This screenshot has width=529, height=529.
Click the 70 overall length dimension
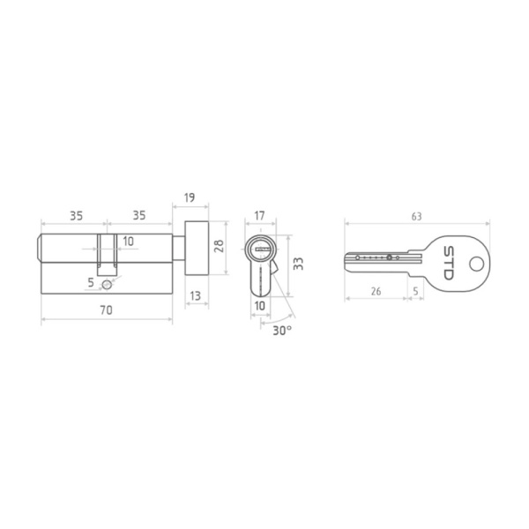(x=107, y=310)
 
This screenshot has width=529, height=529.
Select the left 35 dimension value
(x=76, y=216)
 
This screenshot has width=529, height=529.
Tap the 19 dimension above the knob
(x=190, y=197)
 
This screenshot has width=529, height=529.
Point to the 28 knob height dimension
(x=219, y=246)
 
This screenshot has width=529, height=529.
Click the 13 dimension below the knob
(x=196, y=296)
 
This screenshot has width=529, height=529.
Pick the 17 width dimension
(x=259, y=216)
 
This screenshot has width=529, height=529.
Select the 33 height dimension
(x=298, y=264)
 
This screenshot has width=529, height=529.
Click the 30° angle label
(x=282, y=331)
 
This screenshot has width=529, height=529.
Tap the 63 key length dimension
(x=417, y=216)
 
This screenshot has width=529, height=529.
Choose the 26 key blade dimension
(x=376, y=291)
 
